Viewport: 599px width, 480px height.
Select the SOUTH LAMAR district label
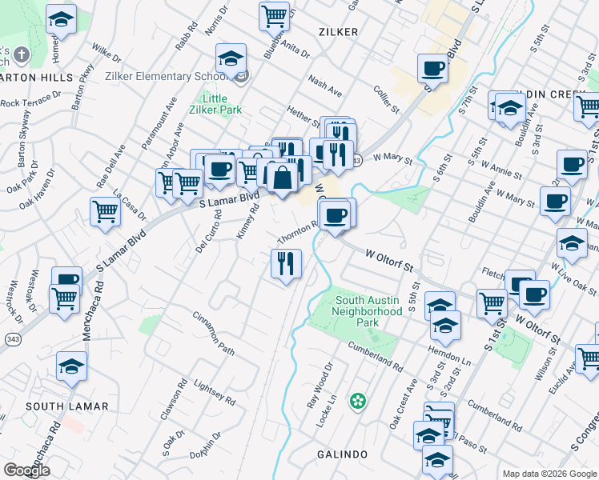point(66,406)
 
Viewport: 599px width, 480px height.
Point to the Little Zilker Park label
point(220,104)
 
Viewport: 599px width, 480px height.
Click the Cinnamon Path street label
point(212,334)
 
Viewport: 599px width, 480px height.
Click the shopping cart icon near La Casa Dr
point(105,212)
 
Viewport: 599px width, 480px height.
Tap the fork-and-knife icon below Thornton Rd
point(286,263)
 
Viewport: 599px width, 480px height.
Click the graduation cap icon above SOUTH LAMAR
point(72,366)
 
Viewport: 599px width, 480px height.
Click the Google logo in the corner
point(26,470)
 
